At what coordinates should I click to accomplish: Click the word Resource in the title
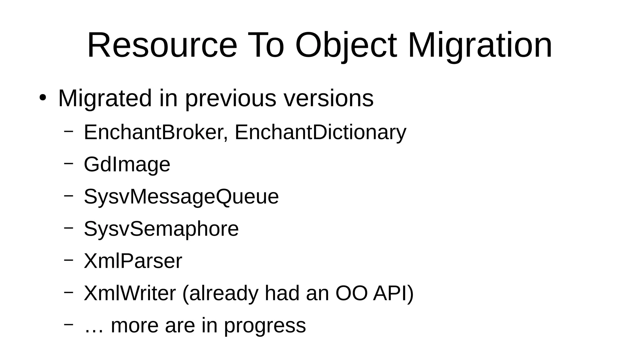click(162, 46)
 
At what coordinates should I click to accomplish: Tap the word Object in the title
click(346, 46)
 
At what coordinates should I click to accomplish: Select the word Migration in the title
click(480, 46)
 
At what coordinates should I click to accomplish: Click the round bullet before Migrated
click(43, 98)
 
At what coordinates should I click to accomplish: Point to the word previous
click(231, 98)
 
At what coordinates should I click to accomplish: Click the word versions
click(328, 98)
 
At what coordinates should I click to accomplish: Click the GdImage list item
click(127, 164)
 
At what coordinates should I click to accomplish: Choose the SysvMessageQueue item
click(181, 197)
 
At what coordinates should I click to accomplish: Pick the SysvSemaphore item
click(161, 229)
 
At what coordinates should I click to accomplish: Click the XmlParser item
click(133, 261)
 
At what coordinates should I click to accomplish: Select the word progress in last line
click(265, 326)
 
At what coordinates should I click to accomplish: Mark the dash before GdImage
click(68, 163)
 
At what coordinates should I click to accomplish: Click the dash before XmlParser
click(68, 260)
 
